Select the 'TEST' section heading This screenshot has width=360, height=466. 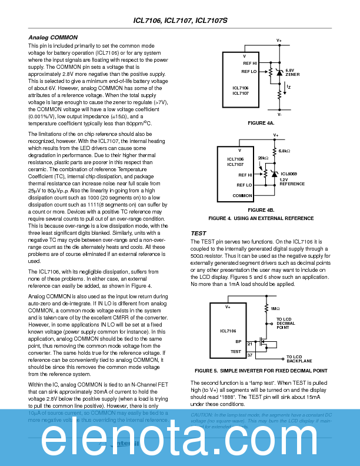[198, 234]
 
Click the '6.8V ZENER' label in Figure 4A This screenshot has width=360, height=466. [292, 72]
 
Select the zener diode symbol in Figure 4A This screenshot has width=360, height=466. [279, 72]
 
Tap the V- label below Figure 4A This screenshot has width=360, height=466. [279, 115]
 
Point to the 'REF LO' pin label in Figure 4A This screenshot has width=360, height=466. [249, 71]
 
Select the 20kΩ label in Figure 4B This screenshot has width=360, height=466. [263, 158]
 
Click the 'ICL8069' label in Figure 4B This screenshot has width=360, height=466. [289, 174]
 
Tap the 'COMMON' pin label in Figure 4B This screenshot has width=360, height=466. [242, 195]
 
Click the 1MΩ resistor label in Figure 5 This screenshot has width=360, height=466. [275, 308]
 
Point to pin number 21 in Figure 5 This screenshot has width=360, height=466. [250, 343]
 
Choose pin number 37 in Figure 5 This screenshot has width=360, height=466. [250, 355]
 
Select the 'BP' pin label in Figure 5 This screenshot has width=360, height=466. [238, 341]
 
